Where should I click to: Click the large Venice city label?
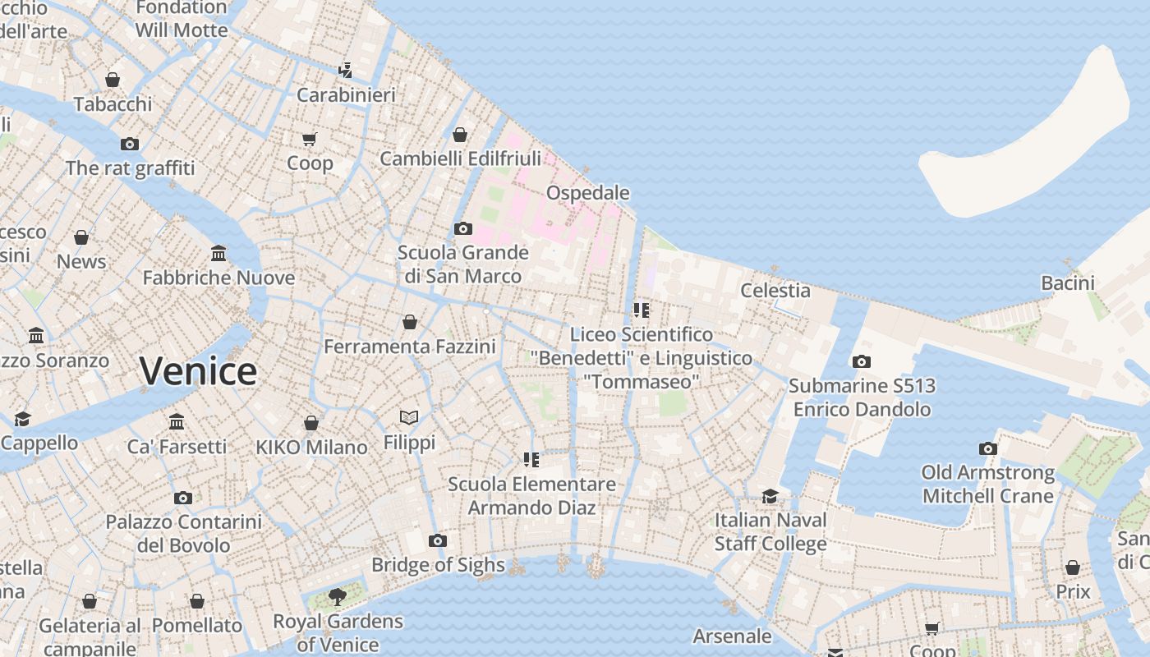198,371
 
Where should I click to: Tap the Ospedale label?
588,193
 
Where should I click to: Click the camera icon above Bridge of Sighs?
438,540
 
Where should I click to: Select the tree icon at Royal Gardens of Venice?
337,597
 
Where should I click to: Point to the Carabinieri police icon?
346,70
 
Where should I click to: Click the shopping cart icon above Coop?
310,139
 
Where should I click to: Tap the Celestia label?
775,290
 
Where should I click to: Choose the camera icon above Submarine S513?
861,361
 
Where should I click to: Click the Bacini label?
1068,283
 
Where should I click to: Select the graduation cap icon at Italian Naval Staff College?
770,496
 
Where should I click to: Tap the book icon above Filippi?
409,418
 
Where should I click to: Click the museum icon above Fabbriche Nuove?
218,253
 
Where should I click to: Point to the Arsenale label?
732,636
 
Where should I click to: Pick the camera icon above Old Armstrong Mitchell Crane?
987,448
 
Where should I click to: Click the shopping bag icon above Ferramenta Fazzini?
409,322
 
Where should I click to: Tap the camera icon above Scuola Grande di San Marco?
462,228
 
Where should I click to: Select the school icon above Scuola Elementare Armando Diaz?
531,460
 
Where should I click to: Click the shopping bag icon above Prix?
1072,567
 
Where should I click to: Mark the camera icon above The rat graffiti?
130,144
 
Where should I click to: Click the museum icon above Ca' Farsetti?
177,422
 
